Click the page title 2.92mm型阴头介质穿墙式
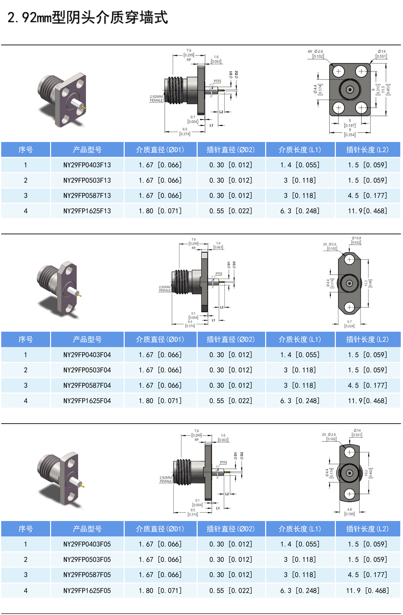click(x=88, y=18)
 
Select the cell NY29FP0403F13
click(x=87, y=165)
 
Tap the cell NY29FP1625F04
click(x=87, y=401)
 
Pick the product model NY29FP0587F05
click(x=87, y=575)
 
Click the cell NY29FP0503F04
click(x=87, y=370)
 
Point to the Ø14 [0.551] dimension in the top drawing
click(x=381, y=54)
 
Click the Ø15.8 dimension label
click(x=356, y=240)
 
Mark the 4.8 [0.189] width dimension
click(x=350, y=512)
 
